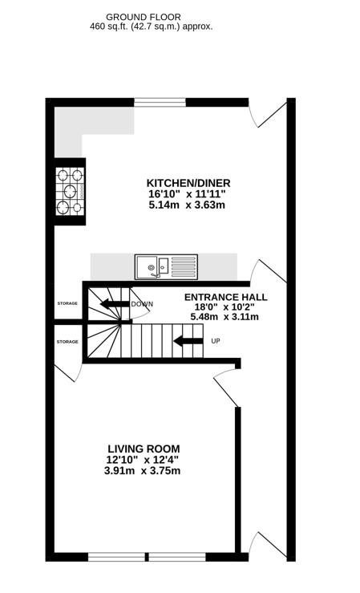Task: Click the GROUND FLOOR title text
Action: coord(144,17)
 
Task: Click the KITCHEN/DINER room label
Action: coord(188,183)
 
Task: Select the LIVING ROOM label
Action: coord(144,449)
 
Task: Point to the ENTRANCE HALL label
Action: coord(225,297)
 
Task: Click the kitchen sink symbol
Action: coord(166,267)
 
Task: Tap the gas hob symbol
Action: coord(71,191)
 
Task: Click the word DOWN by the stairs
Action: coord(142,304)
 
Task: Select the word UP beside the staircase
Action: coord(216,341)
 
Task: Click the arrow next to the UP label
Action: coord(188,341)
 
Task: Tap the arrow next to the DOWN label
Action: coord(114,303)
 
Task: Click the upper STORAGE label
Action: coord(67,303)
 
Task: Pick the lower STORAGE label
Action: coord(67,342)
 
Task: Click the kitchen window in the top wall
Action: coord(160,102)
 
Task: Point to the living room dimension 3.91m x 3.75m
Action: coord(142,471)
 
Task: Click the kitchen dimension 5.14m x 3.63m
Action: coord(187,205)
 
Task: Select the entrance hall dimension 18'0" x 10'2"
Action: coord(224,307)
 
